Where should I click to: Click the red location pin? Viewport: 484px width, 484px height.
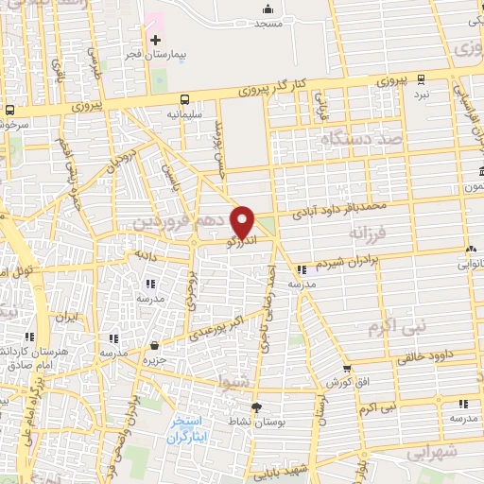click(243, 222)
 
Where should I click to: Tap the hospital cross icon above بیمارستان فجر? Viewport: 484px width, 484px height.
click(155, 40)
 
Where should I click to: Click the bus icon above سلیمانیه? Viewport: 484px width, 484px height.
click(183, 98)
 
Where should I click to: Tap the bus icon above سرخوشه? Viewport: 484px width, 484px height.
click(9, 109)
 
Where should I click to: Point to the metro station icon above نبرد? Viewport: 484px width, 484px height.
click(421, 80)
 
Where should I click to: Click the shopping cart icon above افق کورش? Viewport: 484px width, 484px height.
click(348, 368)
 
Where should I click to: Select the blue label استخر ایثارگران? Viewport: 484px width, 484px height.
click(193, 430)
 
